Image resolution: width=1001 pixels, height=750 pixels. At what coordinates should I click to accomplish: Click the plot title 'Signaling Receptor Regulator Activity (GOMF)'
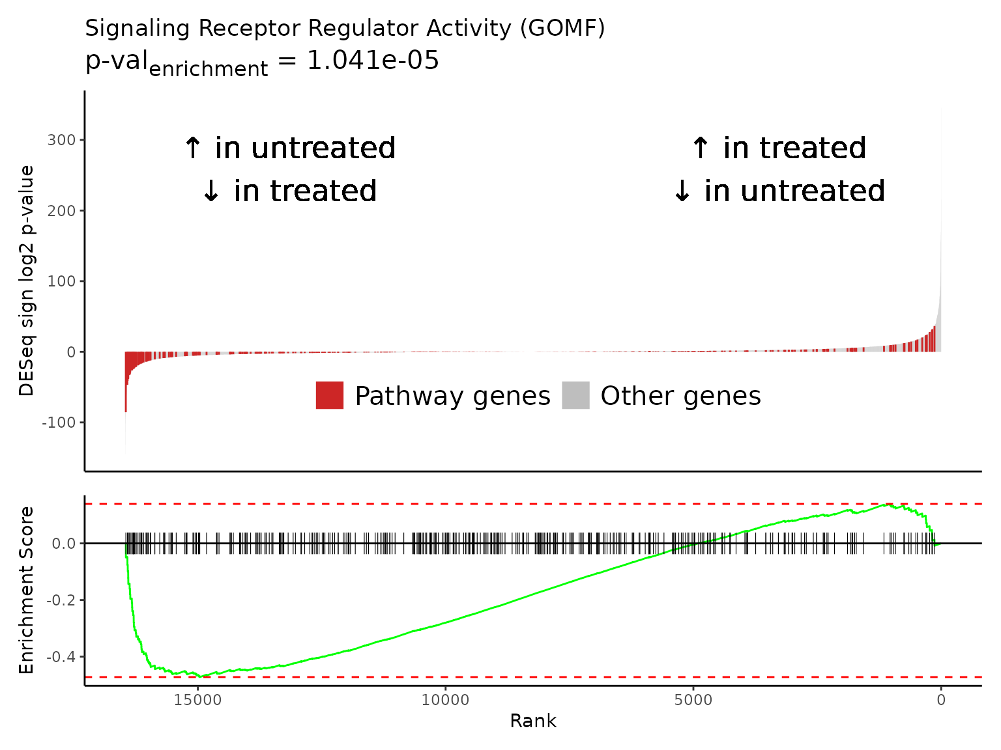pyautogui.click(x=345, y=28)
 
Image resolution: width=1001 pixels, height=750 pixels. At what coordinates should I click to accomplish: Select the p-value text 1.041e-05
pyautogui.click(x=373, y=60)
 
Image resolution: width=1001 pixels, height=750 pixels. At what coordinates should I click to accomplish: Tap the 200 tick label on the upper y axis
pyautogui.click(x=61, y=211)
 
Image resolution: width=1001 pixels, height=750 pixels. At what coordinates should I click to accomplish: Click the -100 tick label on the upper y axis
pyautogui.click(x=59, y=423)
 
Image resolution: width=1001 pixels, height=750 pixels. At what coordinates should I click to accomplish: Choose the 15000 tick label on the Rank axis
pyautogui.click(x=197, y=699)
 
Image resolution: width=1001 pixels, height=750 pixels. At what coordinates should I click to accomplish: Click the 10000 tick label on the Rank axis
pyautogui.click(x=445, y=699)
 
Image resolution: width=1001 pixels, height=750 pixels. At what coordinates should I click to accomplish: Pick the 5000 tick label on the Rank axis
pyautogui.click(x=693, y=699)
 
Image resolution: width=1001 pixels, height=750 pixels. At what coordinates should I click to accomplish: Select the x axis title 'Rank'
pyautogui.click(x=533, y=721)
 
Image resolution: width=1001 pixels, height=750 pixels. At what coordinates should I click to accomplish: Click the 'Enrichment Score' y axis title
pyautogui.click(x=26, y=590)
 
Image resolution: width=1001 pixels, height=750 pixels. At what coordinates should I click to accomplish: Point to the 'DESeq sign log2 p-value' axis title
pyautogui.click(x=26, y=281)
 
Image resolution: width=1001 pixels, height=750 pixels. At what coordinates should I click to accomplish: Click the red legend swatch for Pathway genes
pyautogui.click(x=329, y=395)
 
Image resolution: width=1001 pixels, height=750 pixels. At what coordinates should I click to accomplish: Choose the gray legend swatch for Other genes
pyautogui.click(x=575, y=395)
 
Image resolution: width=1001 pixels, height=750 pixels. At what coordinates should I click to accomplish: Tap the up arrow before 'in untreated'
pyautogui.click(x=192, y=148)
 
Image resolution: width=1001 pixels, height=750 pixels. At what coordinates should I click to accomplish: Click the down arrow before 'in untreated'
pyautogui.click(x=682, y=191)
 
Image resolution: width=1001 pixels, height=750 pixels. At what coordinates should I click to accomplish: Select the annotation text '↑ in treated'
pyautogui.click(x=779, y=148)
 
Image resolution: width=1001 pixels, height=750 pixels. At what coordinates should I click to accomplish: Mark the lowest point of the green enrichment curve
pyautogui.click(x=201, y=676)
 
